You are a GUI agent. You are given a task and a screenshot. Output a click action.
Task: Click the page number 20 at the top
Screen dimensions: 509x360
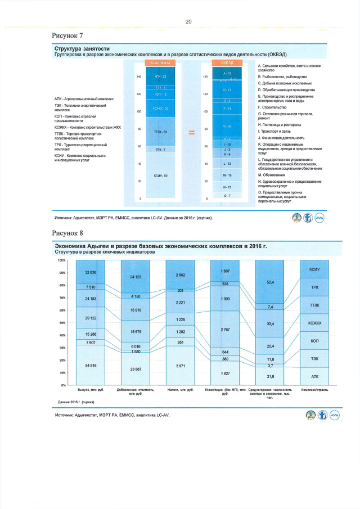pyautogui.click(x=188, y=21)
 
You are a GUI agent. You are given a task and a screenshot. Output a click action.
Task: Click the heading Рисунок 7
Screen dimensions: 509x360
pyautogui.click(x=68, y=35)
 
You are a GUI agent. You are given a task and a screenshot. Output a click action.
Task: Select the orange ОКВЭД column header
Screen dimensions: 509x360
pyautogui.click(x=227, y=63)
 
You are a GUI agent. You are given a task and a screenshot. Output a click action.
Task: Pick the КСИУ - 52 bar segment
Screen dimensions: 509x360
pyautogui.click(x=160, y=176)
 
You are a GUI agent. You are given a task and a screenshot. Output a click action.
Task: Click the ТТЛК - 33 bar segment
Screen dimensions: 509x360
pyautogui.click(x=160, y=132)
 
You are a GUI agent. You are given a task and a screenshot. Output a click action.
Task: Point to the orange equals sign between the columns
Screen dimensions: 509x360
pyautogui.click(x=191, y=133)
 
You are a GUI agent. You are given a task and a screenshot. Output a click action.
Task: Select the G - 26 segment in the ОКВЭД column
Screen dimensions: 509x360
pyautogui.click(x=227, y=126)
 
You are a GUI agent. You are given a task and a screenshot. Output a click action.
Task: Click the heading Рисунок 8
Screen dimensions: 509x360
pyautogui.click(x=68, y=232)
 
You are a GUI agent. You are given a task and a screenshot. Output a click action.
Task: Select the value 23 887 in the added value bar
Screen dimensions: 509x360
pyautogui.click(x=136, y=369)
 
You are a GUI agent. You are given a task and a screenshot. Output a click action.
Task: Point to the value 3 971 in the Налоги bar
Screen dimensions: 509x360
pyautogui.click(x=181, y=366)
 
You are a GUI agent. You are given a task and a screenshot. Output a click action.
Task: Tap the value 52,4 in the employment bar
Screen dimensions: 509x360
pyautogui.click(x=270, y=282)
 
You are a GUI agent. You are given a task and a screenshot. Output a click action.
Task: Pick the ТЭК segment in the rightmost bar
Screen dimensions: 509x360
pyautogui.click(x=314, y=358)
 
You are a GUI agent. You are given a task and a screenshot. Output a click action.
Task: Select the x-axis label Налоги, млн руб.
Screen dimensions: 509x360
pyautogui.click(x=181, y=389)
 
